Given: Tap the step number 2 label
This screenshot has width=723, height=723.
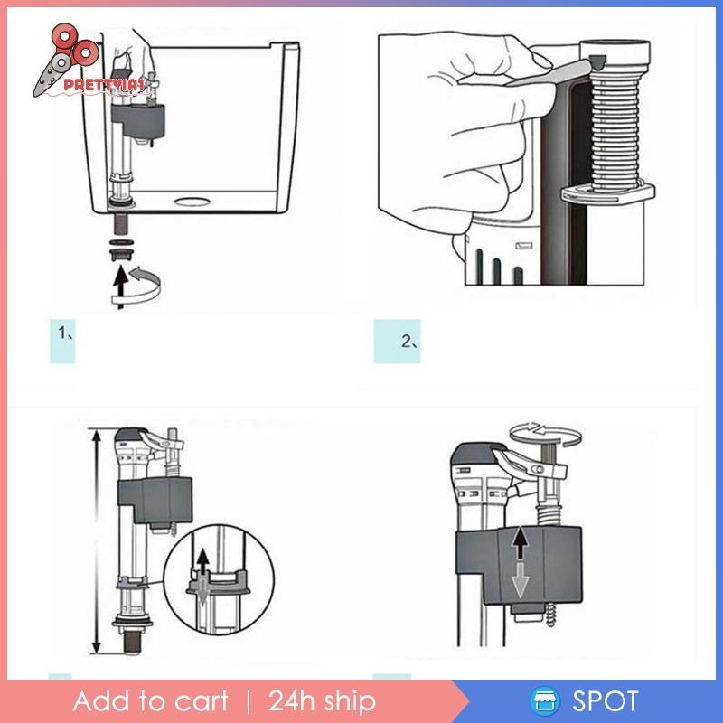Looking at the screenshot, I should click(x=409, y=341).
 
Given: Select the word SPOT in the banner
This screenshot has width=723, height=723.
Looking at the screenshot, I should click(x=605, y=701).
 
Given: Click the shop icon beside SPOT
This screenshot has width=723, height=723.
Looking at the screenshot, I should click(x=543, y=702).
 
